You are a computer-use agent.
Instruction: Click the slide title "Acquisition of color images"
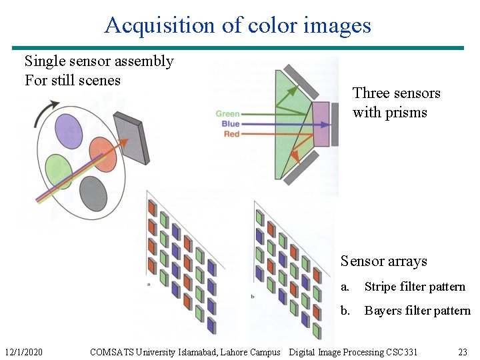[237, 25]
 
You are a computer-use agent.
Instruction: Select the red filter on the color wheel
[103, 154]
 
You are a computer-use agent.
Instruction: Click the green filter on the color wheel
[59, 171]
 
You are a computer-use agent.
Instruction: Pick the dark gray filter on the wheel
[93, 193]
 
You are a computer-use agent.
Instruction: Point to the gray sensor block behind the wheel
[131, 138]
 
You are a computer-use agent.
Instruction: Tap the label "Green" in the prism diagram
[227, 114]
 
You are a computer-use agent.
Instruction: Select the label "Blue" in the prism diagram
[230, 124]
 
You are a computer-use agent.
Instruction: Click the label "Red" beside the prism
[231, 134]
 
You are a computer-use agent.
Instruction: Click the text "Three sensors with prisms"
[396, 103]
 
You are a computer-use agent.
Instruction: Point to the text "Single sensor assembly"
[99, 61]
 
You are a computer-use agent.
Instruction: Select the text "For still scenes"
[72, 81]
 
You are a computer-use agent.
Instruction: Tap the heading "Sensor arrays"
[383, 261]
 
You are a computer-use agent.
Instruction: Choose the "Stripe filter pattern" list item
[414, 287]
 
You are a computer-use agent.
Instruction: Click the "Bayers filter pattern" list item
[417, 311]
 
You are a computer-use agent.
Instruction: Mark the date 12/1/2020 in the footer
[23, 352]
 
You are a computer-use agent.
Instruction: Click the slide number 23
[463, 352]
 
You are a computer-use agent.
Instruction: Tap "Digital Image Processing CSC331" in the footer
[353, 352]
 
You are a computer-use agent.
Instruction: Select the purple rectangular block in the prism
[321, 125]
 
